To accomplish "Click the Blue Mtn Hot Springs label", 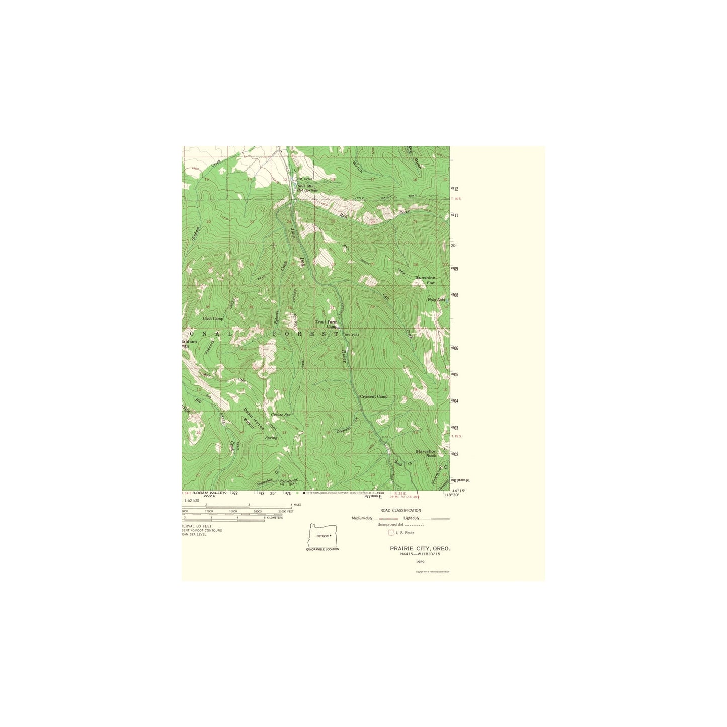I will coord(307,188).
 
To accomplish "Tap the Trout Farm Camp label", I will coord(327,324).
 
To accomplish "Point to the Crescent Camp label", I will coord(374,397).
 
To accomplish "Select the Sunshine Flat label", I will coord(425,280).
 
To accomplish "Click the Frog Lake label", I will coord(436,300).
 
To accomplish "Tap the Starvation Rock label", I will coord(426,453).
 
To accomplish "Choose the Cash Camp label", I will coord(213,319).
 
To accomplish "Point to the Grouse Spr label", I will coord(281,415).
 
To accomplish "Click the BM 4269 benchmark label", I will coord(304,179).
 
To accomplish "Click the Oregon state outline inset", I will coord(322,535).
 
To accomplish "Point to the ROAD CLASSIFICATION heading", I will coord(400,510).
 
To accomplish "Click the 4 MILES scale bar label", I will coord(296,505).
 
